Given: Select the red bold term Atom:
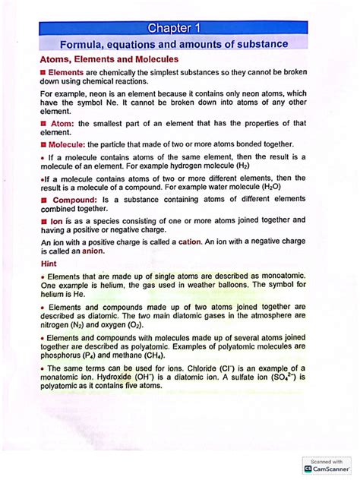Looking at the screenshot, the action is (x=62, y=123).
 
